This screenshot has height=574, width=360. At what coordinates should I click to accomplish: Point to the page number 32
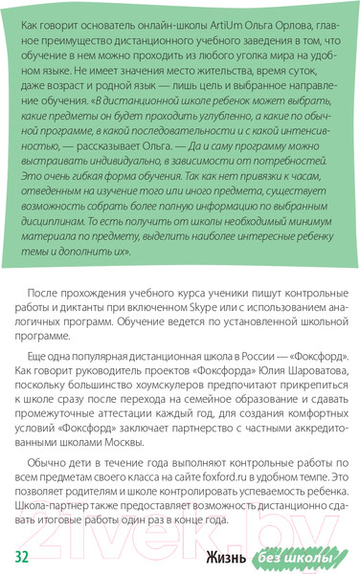point(23,557)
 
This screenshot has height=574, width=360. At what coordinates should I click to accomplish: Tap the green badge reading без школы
point(298,557)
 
